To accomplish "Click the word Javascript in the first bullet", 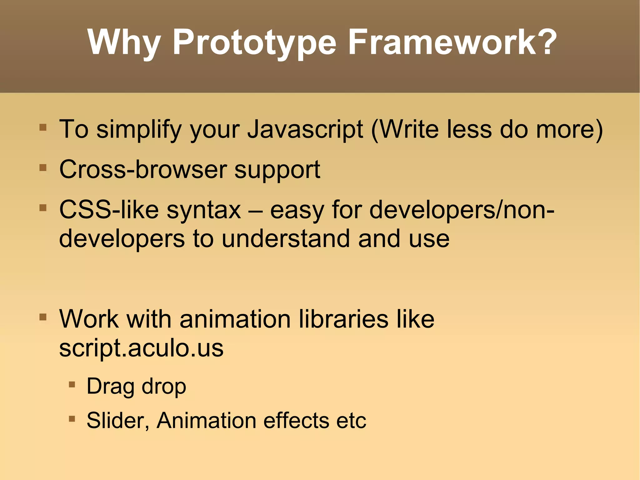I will coord(305,129).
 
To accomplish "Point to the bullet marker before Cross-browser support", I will coord(43,168).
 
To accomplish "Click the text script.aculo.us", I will coord(141,348).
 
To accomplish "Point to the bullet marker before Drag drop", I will coord(72,384).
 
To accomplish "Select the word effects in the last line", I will coord(296,421).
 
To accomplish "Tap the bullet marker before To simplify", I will coord(43,128).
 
